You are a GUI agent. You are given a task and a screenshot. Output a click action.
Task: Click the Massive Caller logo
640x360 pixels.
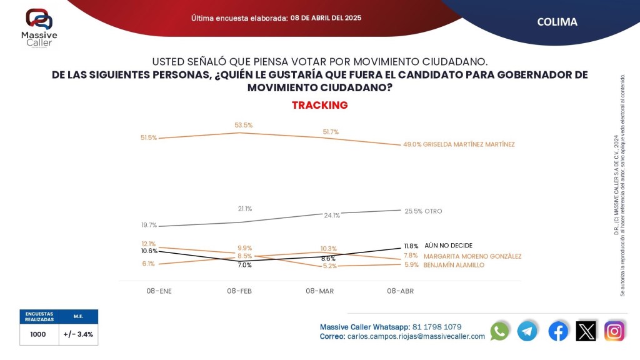click(x=39, y=29)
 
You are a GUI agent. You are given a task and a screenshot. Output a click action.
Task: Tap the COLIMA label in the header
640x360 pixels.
click(x=557, y=22)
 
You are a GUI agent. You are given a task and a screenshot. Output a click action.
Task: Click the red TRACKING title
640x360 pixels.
click(x=319, y=105)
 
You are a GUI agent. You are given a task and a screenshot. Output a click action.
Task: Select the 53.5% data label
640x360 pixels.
click(x=243, y=125)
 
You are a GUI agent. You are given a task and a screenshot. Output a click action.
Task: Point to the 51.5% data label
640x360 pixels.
click(x=149, y=137)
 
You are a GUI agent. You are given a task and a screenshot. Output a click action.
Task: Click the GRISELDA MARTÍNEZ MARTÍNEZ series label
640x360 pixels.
click(x=469, y=144)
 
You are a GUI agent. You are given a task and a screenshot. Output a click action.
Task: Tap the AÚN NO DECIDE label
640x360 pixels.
click(x=448, y=246)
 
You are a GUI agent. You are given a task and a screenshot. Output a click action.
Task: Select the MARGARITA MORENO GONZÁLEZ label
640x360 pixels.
click(x=472, y=256)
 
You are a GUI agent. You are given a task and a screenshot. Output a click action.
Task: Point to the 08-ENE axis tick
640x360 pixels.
click(x=159, y=291)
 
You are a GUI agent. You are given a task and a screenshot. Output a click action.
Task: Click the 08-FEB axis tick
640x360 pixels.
click(x=239, y=291)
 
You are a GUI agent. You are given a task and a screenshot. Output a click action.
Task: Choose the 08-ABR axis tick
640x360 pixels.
click(x=400, y=291)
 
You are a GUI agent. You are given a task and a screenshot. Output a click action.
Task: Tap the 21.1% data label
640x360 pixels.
click(x=244, y=209)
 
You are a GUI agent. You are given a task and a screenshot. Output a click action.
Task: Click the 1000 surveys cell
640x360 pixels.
click(x=38, y=334)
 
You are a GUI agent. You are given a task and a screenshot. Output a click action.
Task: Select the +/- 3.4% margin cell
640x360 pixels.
click(x=78, y=334)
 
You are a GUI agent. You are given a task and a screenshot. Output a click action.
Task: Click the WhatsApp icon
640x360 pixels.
click(x=499, y=331)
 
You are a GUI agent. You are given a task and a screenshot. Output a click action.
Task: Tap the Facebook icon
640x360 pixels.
click(x=558, y=331)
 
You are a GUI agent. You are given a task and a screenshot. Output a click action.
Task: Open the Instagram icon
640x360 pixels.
click(x=614, y=331)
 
